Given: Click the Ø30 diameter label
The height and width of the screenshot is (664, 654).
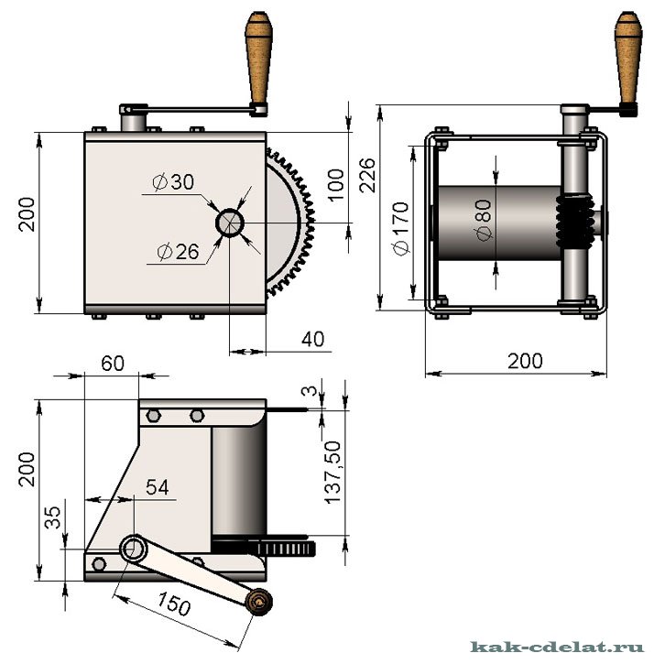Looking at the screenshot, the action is [x=173, y=182].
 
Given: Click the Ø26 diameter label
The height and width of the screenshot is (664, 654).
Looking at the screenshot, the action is [x=178, y=252].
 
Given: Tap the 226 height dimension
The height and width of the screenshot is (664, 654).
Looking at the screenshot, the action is [x=367, y=175].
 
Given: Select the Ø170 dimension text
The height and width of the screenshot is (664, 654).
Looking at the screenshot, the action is [x=400, y=229].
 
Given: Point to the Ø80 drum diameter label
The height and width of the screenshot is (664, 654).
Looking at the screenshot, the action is [x=485, y=220].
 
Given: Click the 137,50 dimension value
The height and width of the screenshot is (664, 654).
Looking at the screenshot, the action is [x=332, y=473].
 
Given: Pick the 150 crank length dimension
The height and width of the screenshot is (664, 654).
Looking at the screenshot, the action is [x=174, y=604].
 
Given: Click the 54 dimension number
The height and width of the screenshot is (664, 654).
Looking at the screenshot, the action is [x=158, y=487].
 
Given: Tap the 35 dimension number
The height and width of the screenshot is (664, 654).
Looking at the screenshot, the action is [x=53, y=517].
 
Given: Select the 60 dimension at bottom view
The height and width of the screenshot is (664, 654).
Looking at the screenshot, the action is [x=113, y=364].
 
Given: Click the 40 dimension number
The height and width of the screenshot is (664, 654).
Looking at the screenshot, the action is [x=313, y=339].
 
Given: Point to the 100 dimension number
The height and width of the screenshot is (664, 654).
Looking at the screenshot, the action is [x=336, y=185].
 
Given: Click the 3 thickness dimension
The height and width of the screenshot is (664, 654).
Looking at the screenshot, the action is [x=311, y=390].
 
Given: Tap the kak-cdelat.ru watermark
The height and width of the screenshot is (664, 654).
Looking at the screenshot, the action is [x=558, y=647].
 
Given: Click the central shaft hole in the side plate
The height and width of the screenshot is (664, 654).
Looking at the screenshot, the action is [x=230, y=223].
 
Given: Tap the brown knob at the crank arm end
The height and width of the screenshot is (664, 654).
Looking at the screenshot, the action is [x=259, y=602].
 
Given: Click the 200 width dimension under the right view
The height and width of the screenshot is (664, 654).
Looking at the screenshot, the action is [x=525, y=361].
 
